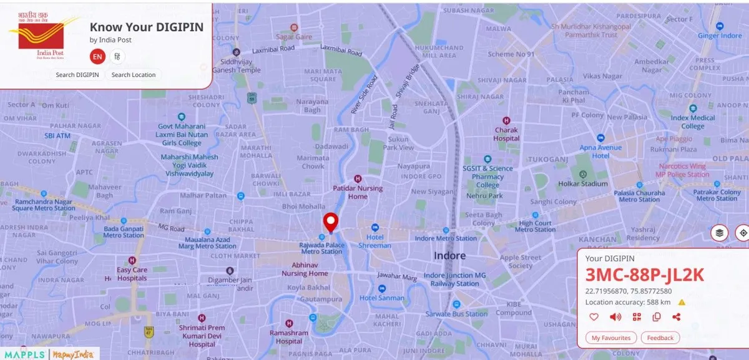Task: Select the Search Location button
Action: [x=134, y=75]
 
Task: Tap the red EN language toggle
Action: [x=97, y=57]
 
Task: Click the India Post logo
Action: [x=42, y=37]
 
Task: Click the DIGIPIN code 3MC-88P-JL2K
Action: [x=644, y=275]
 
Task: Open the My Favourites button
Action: [x=612, y=338]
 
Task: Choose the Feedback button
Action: [x=660, y=338]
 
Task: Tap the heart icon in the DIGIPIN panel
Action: [x=594, y=317]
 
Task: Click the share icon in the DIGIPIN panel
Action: [x=676, y=317]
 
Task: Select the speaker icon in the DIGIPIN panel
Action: [x=615, y=317]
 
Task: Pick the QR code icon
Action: [x=637, y=317]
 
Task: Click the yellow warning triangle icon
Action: [x=682, y=303]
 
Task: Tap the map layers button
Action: [x=720, y=233]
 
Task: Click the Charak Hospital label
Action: [x=506, y=134]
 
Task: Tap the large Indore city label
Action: [x=449, y=256]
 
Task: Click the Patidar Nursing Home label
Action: [x=358, y=192]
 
